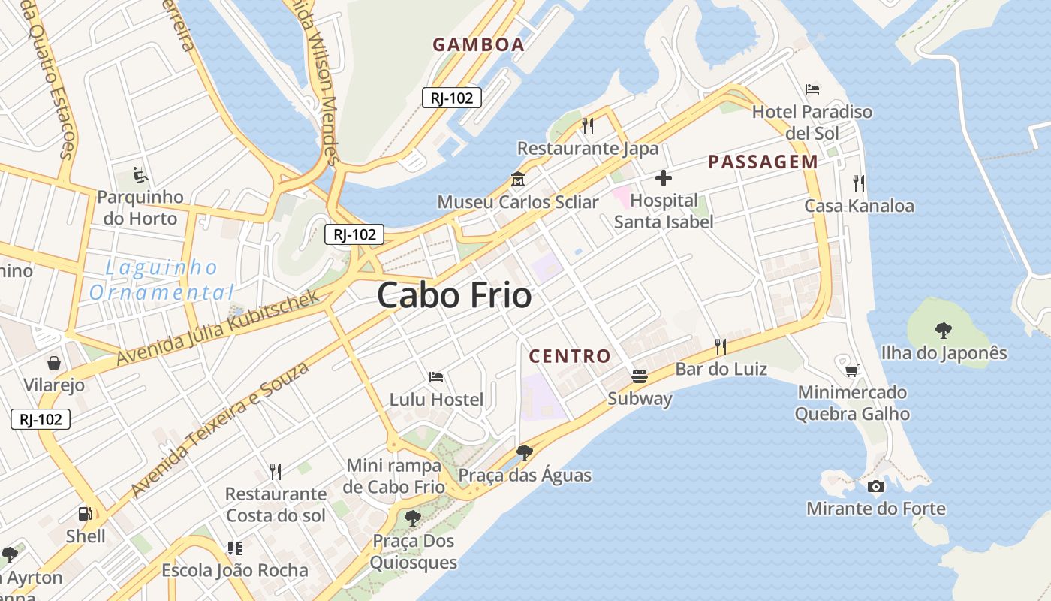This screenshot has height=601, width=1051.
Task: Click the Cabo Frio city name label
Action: tap(454, 295)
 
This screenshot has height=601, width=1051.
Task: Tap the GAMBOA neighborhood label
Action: tap(478, 44)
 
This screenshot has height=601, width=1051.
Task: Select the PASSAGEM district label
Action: tap(763, 162)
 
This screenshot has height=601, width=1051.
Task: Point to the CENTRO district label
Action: tap(570, 356)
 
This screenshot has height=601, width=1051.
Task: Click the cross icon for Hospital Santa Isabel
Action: tap(664, 179)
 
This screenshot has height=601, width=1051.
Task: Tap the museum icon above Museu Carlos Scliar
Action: tap(518, 180)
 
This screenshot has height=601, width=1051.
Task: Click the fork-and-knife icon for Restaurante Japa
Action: tap(588, 125)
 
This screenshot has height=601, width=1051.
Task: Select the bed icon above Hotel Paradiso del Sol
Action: tap(812, 89)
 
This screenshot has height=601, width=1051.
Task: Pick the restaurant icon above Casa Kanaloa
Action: tap(859, 183)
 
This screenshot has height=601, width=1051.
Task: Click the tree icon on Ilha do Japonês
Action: tap(943, 330)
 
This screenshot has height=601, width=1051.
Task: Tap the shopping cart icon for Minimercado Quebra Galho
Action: tap(851, 370)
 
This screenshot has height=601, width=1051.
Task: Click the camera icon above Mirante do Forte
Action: tap(875, 487)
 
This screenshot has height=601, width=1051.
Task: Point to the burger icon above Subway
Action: tap(640, 376)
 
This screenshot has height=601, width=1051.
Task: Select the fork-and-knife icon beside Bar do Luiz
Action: tap(721, 346)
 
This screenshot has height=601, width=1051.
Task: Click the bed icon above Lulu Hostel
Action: tap(436, 376)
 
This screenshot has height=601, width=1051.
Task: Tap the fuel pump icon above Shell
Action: tap(86, 514)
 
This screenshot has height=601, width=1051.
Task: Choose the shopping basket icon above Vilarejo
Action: tap(54, 364)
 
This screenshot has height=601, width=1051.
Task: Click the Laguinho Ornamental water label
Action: tap(161, 279)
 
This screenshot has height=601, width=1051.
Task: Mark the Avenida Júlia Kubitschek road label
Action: tap(218, 328)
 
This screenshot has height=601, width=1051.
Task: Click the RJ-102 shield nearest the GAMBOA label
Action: tap(451, 97)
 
